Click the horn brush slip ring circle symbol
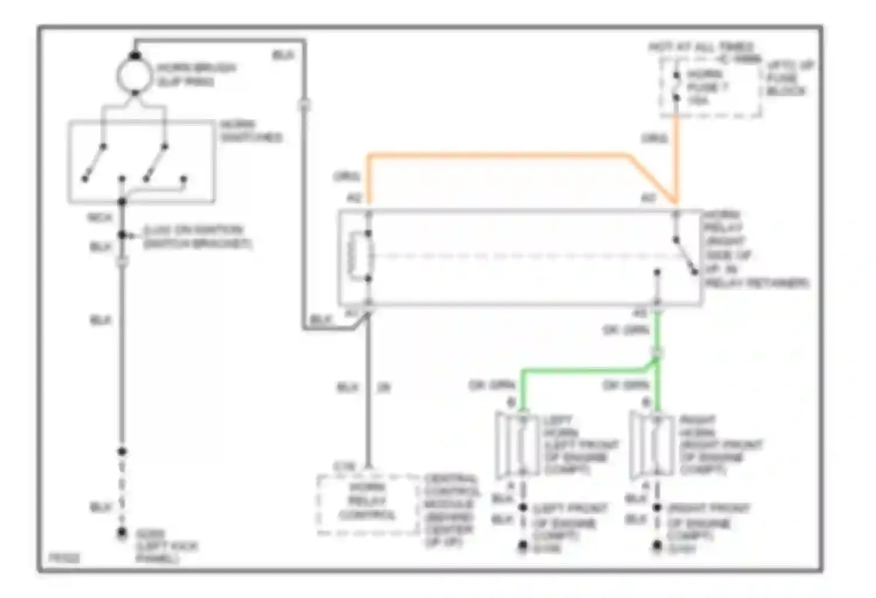tap(135, 75)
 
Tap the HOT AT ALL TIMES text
tap(701, 47)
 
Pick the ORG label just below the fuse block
tap(654, 138)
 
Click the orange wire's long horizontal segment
tap(496, 155)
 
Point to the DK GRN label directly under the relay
tap(625, 331)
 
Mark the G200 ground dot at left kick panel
tap(122, 533)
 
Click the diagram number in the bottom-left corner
tap(64, 558)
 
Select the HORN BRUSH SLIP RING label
tap(196, 74)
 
